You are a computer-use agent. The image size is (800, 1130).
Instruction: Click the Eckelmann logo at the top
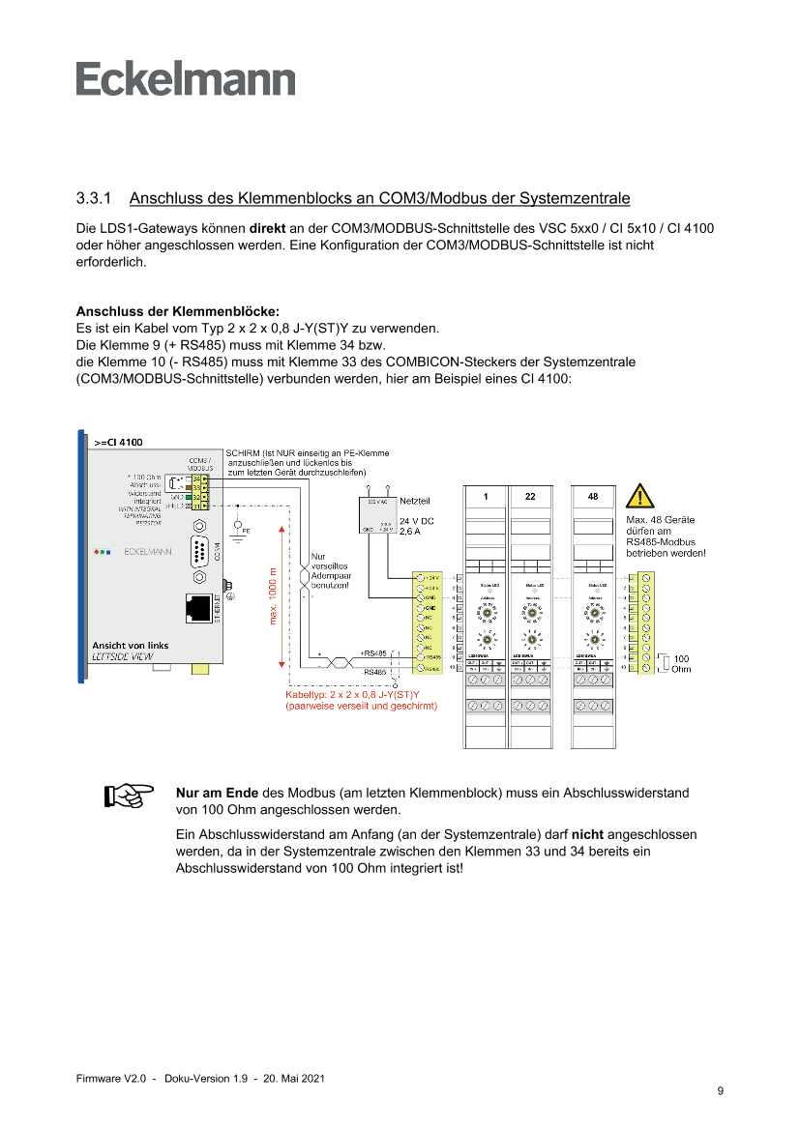click(x=186, y=79)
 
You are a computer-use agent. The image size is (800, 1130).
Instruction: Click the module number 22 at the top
click(x=530, y=496)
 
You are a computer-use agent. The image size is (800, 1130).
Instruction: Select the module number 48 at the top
click(x=593, y=496)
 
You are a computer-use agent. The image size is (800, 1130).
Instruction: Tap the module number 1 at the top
click(x=487, y=496)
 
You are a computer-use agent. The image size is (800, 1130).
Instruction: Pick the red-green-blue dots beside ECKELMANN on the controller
click(x=102, y=554)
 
